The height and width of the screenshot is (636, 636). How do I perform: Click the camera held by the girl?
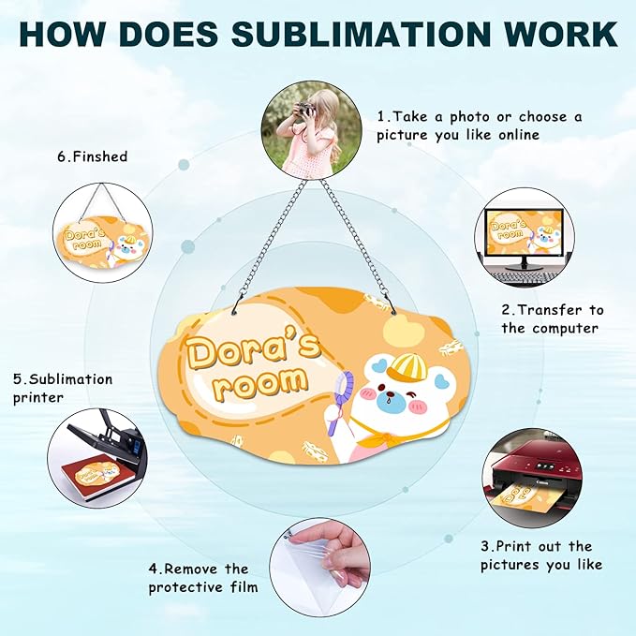[x=303, y=109]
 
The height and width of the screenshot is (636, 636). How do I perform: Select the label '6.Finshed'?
[x=93, y=156]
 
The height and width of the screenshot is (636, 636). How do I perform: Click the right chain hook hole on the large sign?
[x=393, y=312]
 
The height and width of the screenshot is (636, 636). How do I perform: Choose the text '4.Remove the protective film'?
[x=203, y=578]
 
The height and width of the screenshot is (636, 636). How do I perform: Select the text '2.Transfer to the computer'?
[x=553, y=319]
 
